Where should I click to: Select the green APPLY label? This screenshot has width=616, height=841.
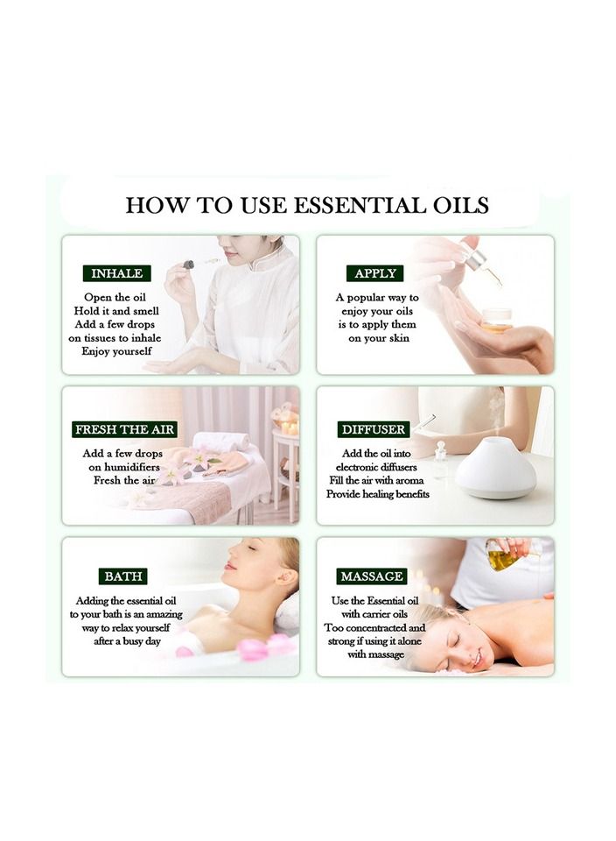coord(374,273)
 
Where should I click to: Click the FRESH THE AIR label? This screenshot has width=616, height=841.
coord(125,429)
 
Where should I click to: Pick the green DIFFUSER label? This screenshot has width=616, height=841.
coord(374,429)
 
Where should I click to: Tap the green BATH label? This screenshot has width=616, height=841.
coord(122,576)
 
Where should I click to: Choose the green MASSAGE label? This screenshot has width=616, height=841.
coord(372,576)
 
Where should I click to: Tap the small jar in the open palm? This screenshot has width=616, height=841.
coord(496,320)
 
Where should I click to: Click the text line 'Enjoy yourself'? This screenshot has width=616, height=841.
coord(116,351)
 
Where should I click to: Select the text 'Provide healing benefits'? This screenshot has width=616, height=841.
coord(378,494)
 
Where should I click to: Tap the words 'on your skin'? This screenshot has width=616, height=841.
coord(378,338)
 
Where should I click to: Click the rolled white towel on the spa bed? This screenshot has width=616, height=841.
coord(220,441)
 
